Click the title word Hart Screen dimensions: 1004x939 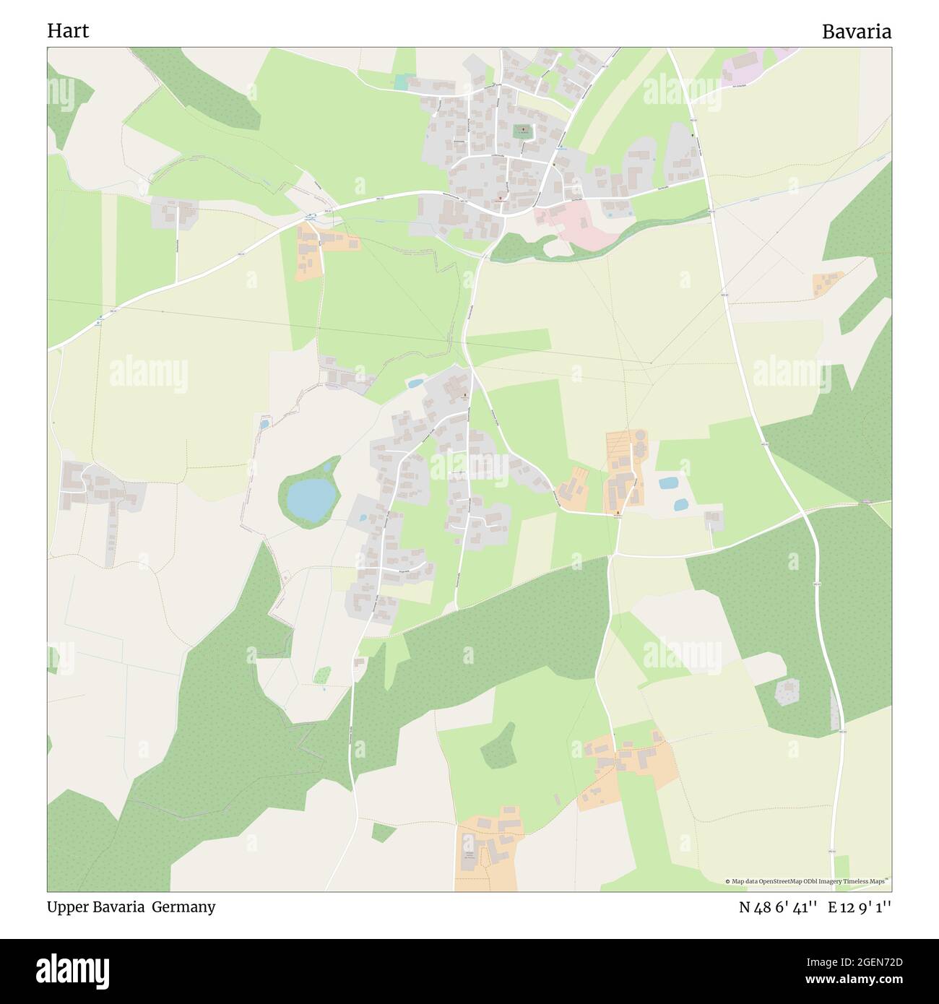(x=68, y=31)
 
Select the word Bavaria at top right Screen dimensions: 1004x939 (x=856, y=31)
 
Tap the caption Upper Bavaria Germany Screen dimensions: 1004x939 (x=131, y=907)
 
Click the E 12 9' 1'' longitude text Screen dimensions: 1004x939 (x=860, y=907)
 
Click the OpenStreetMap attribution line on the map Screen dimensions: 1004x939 (x=808, y=881)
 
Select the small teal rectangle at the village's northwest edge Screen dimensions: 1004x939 (x=401, y=83)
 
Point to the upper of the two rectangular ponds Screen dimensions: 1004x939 (x=668, y=482)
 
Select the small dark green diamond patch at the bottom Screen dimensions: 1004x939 (x=384, y=832)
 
